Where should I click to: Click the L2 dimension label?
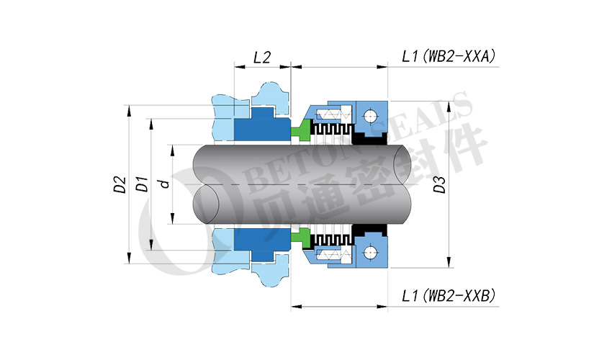tap(262, 58)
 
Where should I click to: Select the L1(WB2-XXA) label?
tap(449, 57)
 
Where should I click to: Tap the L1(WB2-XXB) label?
tap(449, 296)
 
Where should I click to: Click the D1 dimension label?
tap(142, 184)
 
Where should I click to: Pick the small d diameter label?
tap(165, 184)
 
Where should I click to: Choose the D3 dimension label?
tap(439, 185)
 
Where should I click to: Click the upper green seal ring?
tap(301, 130)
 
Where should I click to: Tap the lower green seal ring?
tap(301, 238)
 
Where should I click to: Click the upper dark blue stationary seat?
tap(261, 125)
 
